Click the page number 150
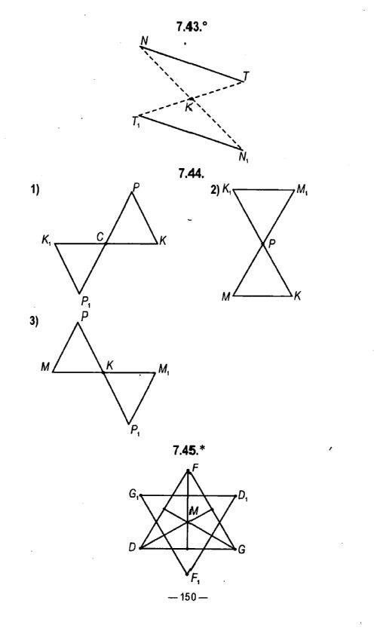point(188,597)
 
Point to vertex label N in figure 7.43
point(144,41)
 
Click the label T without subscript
point(246,76)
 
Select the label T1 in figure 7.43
point(136,121)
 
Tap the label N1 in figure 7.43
point(244,157)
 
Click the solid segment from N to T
point(192,64)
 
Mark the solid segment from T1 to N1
point(190,132)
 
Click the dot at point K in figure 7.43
point(192,99)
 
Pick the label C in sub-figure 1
point(100,237)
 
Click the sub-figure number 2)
point(215,190)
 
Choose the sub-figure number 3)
point(35,322)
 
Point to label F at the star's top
point(195,467)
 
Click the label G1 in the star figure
point(133,495)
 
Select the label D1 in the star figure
point(243,497)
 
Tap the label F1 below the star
point(196,580)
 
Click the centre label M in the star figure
point(194,511)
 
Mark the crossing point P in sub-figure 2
point(263,243)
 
